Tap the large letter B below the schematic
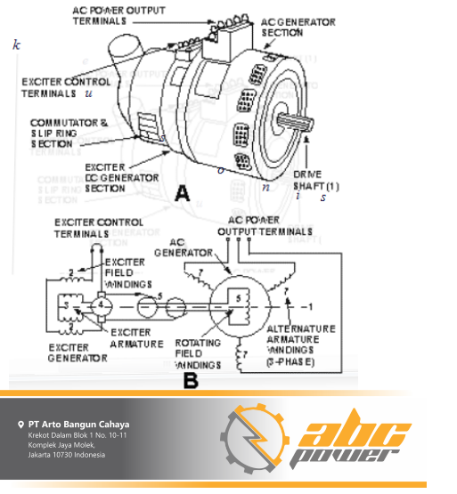191,380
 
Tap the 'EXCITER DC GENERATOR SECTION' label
119,177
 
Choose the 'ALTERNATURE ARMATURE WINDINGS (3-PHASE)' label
301,348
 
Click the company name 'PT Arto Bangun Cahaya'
78,424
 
